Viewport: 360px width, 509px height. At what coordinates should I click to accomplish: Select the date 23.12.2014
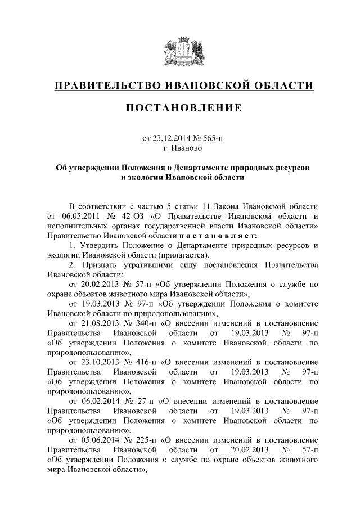point(172,138)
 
